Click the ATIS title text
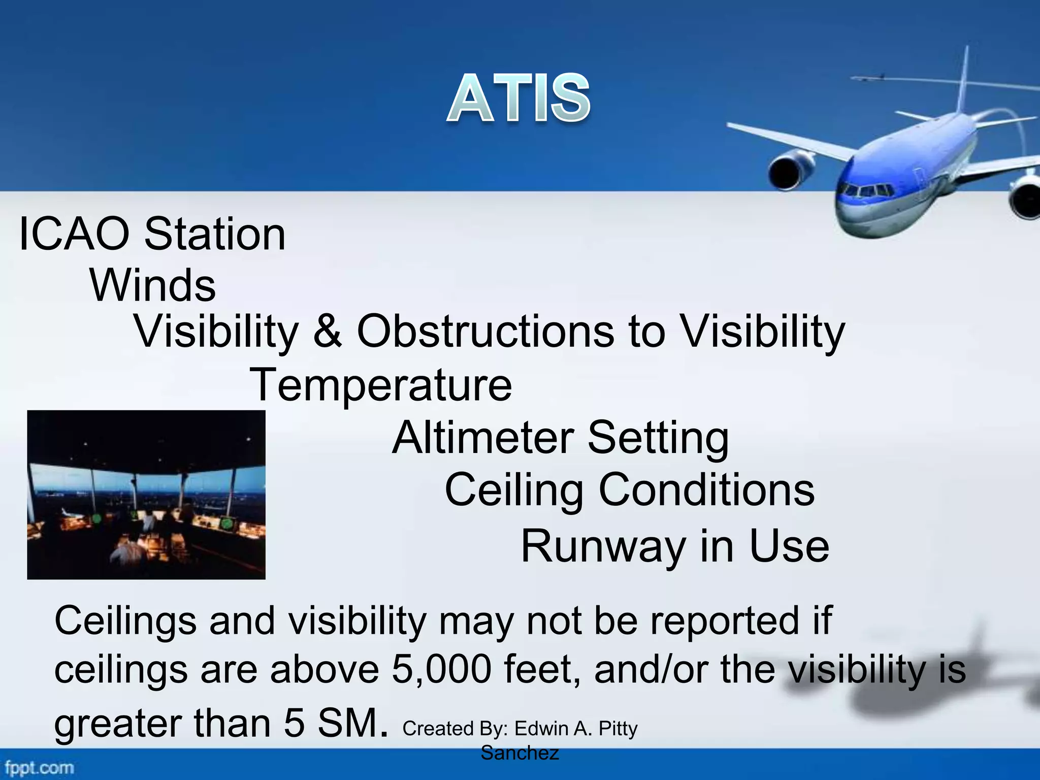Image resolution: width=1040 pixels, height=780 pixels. [x=518, y=97]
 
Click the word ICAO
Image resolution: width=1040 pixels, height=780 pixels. [x=74, y=235]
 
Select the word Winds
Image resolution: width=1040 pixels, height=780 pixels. [x=153, y=285]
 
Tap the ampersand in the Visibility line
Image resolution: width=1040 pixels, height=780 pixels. [x=328, y=331]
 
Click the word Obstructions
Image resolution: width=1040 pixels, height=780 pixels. [x=485, y=331]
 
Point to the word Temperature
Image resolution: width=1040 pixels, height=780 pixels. [x=381, y=384]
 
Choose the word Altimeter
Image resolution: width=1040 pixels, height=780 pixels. [x=483, y=438]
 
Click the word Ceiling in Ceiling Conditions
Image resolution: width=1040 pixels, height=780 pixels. [x=514, y=490]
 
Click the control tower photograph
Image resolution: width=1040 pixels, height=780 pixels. [x=146, y=495]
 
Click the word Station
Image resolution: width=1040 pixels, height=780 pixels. [x=215, y=235]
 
